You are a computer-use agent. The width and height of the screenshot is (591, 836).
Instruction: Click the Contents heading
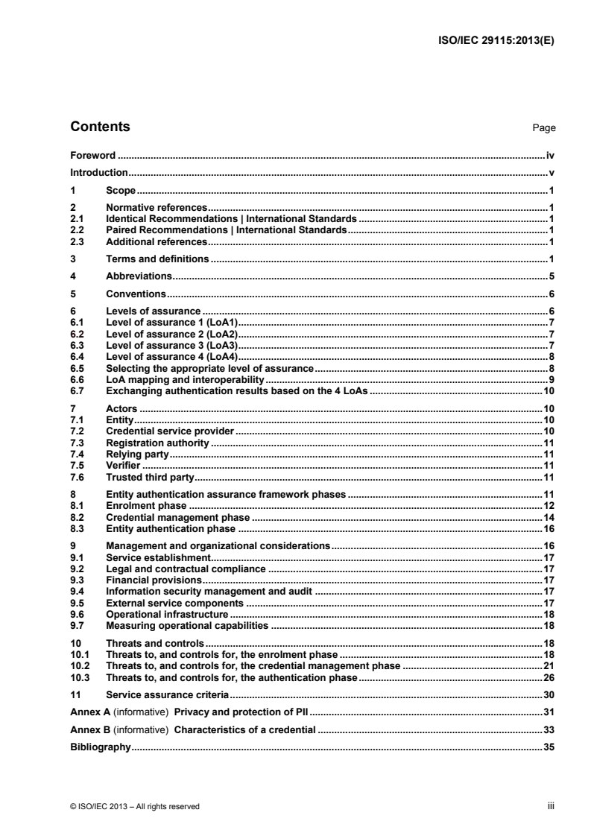100,127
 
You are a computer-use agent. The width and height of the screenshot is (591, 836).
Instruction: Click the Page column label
544,128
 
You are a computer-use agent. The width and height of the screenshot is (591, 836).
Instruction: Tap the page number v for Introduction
553,173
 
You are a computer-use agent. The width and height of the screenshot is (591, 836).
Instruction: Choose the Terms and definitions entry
158,259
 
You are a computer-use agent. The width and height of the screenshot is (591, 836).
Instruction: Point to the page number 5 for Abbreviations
552,276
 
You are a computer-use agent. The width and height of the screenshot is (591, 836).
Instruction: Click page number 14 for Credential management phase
549,517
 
